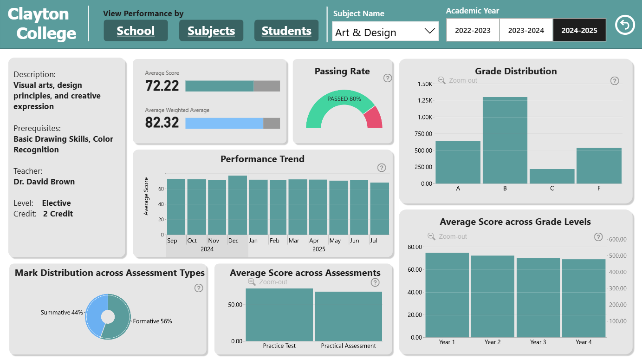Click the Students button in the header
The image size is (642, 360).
(x=286, y=30)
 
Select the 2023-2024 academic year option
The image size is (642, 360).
(x=526, y=30)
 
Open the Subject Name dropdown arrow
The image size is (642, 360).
(x=429, y=31)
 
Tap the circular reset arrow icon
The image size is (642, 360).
(x=625, y=25)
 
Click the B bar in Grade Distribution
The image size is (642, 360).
(x=505, y=140)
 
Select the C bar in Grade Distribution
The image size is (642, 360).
(x=552, y=176)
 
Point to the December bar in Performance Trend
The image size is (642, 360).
(x=238, y=205)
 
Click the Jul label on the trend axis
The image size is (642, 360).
(x=373, y=240)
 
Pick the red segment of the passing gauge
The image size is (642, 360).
(x=374, y=117)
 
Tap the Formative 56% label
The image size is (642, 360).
(x=152, y=321)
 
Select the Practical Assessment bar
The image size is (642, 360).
(x=348, y=316)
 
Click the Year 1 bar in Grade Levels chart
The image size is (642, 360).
(x=447, y=295)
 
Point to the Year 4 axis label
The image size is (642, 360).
(x=584, y=342)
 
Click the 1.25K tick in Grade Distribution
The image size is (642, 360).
(x=425, y=100)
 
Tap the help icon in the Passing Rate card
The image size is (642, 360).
(x=388, y=78)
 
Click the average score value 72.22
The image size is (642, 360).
(x=162, y=85)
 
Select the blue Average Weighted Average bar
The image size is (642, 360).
(x=224, y=124)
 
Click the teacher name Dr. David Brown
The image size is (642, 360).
(x=44, y=182)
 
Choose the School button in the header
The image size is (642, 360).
(x=136, y=30)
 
